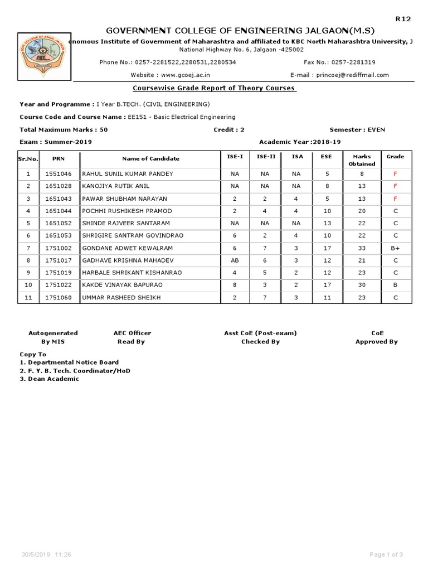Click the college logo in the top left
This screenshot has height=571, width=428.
pyautogui.click(x=42, y=57)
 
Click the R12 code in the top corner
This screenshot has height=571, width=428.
pyautogui.click(x=403, y=19)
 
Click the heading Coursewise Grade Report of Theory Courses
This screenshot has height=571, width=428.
pyautogui.click(x=214, y=88)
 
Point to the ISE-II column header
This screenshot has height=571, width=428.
pyautogui.click(x=266, y=157)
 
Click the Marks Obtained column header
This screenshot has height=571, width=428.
pyautogui.click(x=362, y=160)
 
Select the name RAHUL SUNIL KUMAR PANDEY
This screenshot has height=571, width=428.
pyautogui.click(x=128, y=174)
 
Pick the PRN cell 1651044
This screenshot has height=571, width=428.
pyautogui.click(x=59, y=211)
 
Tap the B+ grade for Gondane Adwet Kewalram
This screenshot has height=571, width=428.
pyautogui.click(x=395, y=248)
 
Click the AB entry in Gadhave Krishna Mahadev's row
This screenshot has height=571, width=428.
pyautogui.click(x=234, y=260)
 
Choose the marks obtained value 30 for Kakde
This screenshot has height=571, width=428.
pyautogui.click(x=362, y=285)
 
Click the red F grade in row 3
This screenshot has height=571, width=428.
pyautogui.click(x=395, y=199)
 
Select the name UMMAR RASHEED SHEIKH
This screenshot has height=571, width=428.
pyautogui.click(x=121, y=298)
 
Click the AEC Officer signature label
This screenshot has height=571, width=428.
pyautogui.click(x=132, y=333)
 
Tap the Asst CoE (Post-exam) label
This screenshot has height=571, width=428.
pyautogui.click(x=260, y=333)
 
